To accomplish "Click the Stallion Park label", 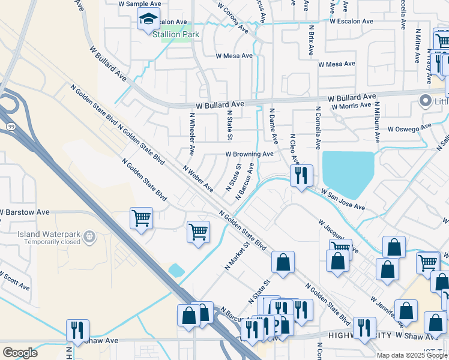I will (175, 34).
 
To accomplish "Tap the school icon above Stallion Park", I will (148, 19).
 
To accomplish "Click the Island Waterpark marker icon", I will (89, 238).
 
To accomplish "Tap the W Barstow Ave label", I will (25, 212).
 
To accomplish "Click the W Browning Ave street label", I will (250, 154).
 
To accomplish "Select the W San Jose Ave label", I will (343, 200).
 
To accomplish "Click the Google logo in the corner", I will (20, 352).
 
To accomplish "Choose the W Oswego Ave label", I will (409, 128).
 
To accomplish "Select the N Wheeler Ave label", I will (192, 134).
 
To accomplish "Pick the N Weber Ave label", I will (198, 179).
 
